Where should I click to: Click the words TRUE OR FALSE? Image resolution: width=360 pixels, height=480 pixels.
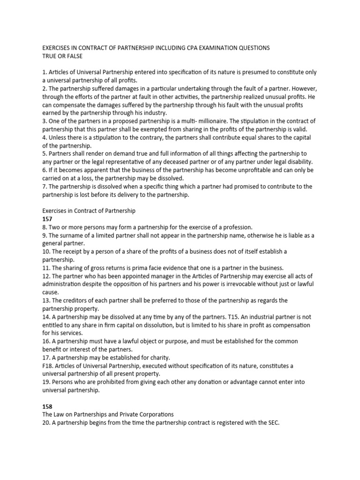coord(62,56)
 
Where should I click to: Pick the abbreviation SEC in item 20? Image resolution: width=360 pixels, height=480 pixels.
coord(272,423)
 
